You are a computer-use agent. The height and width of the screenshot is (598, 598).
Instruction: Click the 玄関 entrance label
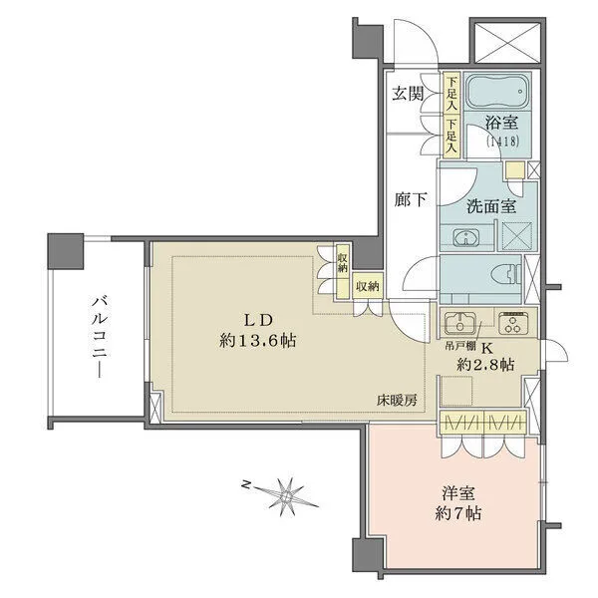(x=407, y=95)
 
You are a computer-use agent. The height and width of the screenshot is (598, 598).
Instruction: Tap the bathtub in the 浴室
(x=496, y=95)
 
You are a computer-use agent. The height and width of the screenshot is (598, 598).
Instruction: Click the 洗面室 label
(x=490, y=207)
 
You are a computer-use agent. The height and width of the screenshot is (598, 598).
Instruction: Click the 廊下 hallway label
(x=409, y=199)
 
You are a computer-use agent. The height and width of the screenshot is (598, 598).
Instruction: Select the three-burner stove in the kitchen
(x=513, y=323)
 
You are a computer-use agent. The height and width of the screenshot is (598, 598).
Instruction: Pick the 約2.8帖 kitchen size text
(x=486, y=365)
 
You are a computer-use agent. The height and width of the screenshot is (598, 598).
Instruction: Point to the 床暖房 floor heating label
(x=396, y=400)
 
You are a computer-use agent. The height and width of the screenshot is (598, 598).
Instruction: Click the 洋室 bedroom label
(x=458, y=492)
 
